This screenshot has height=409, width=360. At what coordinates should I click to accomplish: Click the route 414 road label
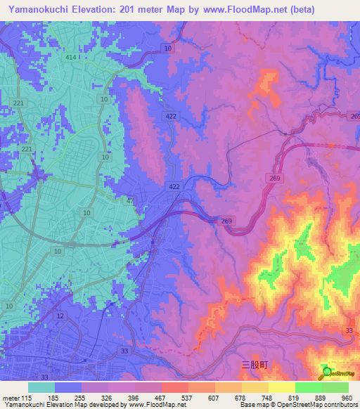point(70,57)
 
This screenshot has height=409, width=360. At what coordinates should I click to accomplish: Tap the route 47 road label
point(130,201)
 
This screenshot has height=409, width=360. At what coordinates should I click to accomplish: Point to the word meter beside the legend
point(10,398)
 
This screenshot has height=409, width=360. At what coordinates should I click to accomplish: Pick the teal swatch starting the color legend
point(41,387)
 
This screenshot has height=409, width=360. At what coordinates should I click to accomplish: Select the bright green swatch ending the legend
point(335,387)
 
